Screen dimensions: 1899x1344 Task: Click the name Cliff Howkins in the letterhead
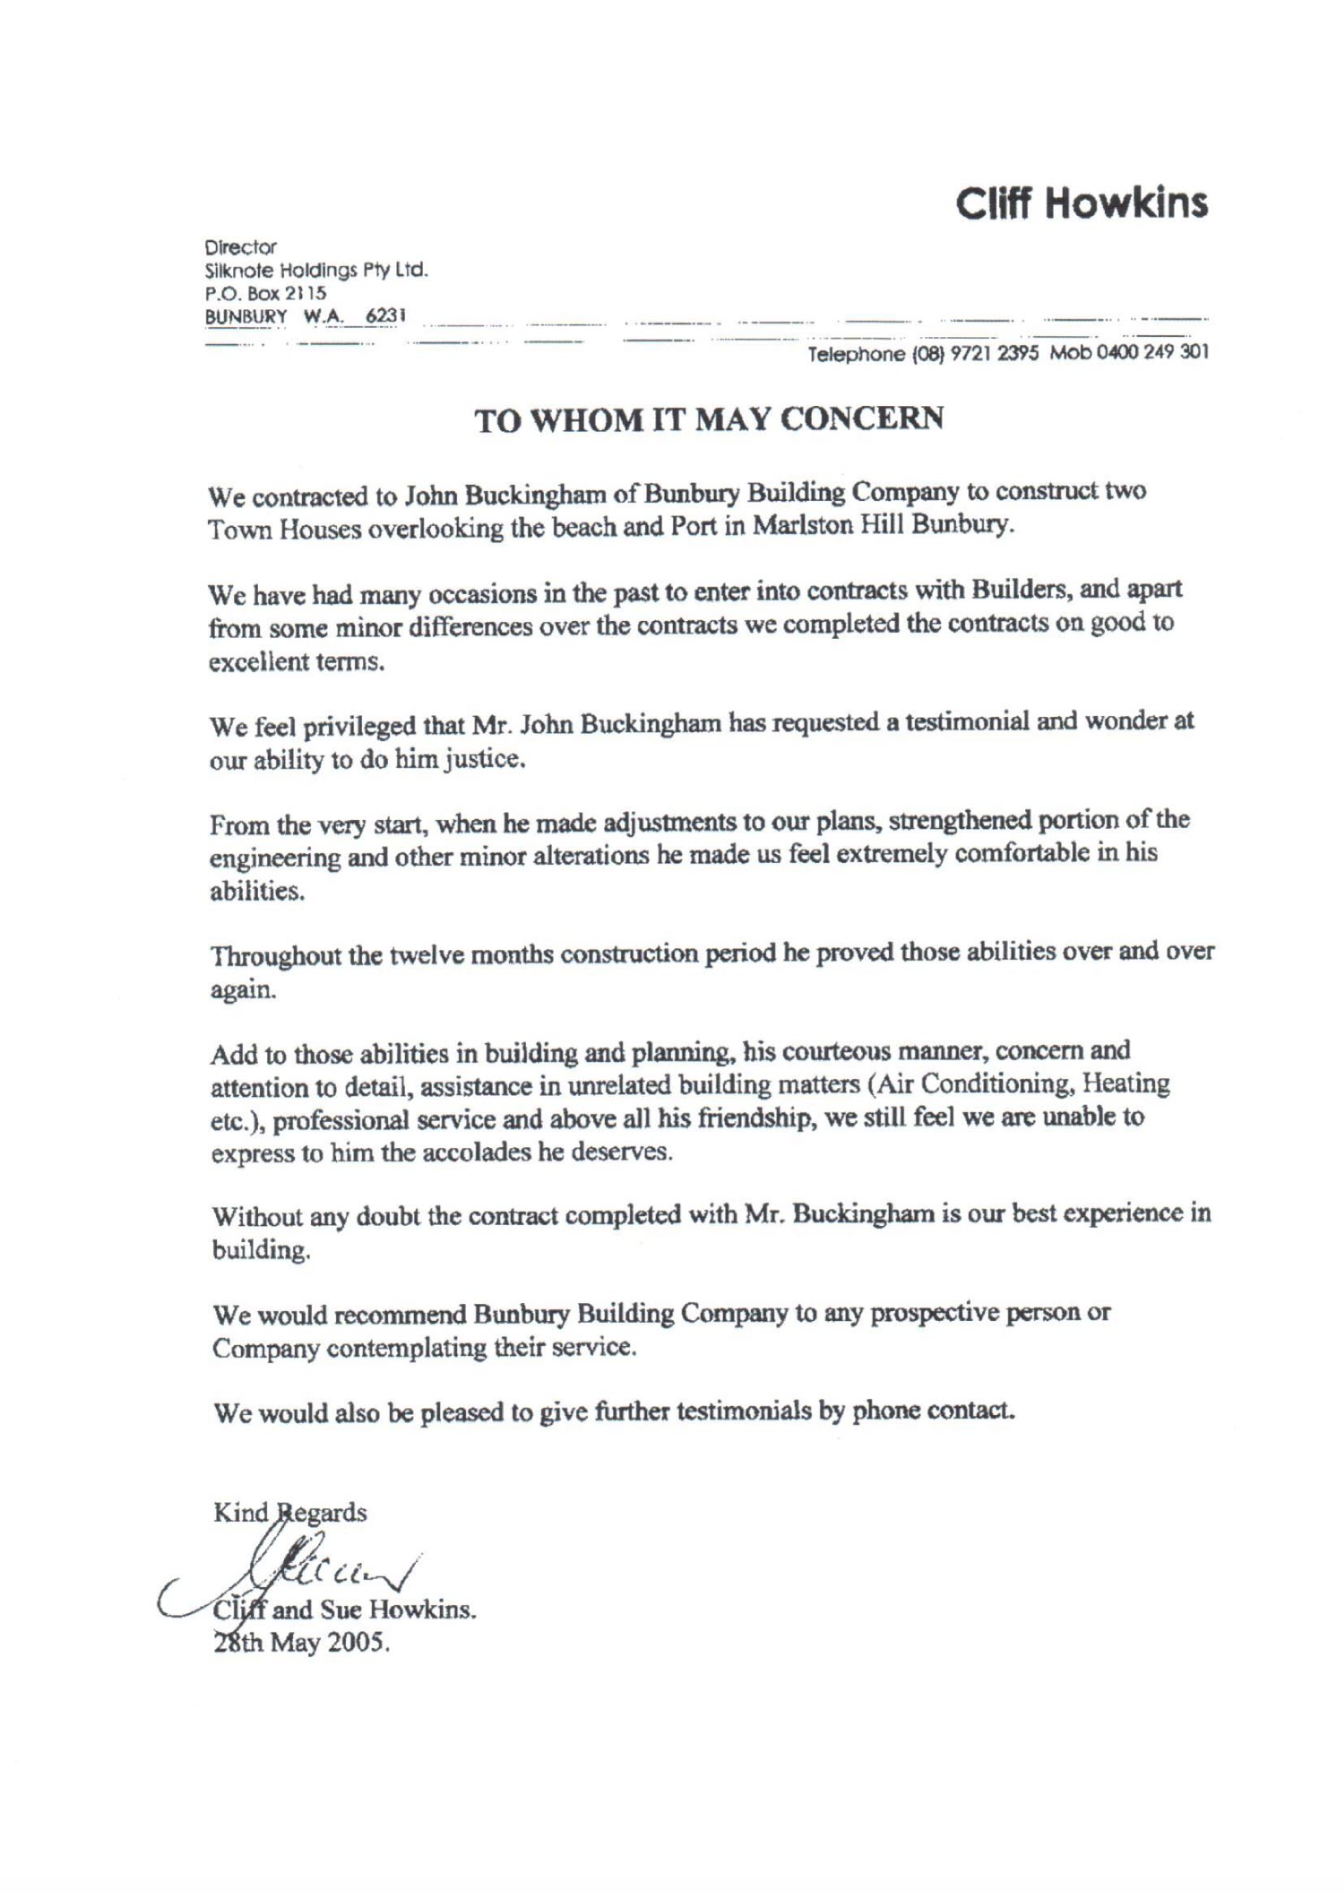click(x=1081, y=204)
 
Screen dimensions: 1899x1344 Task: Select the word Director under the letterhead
click(x=241, y=246)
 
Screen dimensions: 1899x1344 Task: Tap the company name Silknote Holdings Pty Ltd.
click(x=316, y=270)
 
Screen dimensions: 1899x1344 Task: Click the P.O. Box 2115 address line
click(x=265, y=293)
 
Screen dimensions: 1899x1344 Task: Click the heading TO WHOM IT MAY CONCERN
click(x=709, y=419)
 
